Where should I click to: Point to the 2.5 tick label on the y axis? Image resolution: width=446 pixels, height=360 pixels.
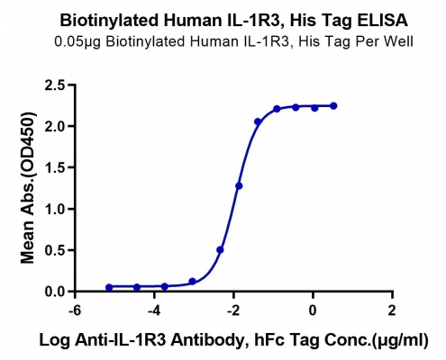click(x=55, y=85)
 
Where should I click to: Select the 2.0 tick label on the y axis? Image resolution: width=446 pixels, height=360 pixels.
click(x=55, y=126)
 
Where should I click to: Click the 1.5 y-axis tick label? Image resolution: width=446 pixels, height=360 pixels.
click(x=55, y=167)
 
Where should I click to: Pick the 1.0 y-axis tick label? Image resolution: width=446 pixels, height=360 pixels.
click(x=55, y=209)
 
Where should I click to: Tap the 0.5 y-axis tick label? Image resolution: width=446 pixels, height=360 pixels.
click(x=55, y=250)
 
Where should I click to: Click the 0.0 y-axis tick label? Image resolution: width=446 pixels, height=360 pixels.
click(x=55, y=292)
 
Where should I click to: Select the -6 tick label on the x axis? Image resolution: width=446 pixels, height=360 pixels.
click(x=75, y=310)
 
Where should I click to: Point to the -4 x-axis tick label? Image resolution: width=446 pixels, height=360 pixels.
click(x=154, y=310)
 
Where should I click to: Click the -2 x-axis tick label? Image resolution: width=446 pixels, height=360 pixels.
click(x=233, y=310)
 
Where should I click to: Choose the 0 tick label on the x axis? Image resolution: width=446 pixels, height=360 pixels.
click(x=313, y=310)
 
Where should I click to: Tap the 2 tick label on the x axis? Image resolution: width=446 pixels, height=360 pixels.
click(x=392, y=310)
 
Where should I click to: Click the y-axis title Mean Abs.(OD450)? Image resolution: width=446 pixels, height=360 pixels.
click(x=28, y=188)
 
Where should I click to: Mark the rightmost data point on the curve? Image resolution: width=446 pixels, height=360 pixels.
click(x=333, y=105)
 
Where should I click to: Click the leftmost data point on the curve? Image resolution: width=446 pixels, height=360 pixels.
click(x=109, y=287)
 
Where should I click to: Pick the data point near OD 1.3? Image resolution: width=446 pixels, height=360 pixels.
click(x=239, y=186)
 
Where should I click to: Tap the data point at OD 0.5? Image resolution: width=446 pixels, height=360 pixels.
click(x=220, y=250)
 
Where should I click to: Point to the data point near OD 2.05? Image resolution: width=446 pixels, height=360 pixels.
click(x=258, y=121)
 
